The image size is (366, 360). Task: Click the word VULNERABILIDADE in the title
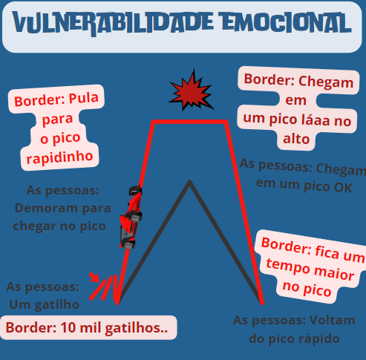[x=113, y=23]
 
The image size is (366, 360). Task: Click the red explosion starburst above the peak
[x=192, y=91]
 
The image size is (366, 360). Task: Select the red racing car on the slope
[x=131, y=217]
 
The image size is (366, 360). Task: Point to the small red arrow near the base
[x=94, y=277]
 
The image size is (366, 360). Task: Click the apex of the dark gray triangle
[x=189, y=182]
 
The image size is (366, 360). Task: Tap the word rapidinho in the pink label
[x=59, y=157]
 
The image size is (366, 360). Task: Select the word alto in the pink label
[x=296, y=139]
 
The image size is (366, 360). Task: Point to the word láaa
[x=316, y=120]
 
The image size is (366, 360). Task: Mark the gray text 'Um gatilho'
[x=44, y=304]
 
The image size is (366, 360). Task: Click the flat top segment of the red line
[x=189, y=122]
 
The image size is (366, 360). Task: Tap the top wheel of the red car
[x=135, y=191]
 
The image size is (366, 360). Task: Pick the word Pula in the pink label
[x=84, y=98]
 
